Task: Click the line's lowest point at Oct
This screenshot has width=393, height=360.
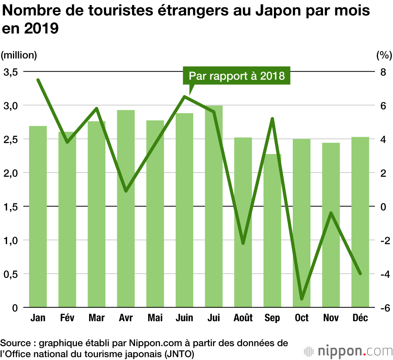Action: (302, 299)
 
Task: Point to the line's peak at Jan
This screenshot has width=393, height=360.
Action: (38, 80)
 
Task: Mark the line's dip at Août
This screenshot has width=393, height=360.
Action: (243, 243)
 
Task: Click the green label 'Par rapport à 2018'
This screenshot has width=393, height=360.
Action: (237, 75)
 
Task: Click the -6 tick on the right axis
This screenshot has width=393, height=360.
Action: (381, 308)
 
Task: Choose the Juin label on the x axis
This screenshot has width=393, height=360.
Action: (184, 318)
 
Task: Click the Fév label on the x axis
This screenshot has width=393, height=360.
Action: (67, 318)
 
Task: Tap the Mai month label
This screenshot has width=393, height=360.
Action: (155, 318)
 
